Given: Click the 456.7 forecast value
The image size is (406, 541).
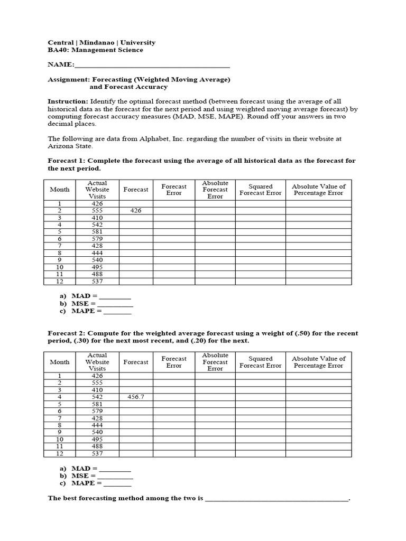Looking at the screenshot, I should point(136,397).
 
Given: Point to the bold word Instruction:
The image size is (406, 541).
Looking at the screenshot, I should point(68,101).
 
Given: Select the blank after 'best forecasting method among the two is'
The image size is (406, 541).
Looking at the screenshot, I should point(276,498).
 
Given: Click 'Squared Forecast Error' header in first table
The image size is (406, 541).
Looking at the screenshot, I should point(260,190).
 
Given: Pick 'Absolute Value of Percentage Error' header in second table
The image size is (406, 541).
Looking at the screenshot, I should point(318,362).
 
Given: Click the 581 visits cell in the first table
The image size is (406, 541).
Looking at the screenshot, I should point(97,231).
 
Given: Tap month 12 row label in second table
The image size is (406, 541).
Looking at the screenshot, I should point(60,453).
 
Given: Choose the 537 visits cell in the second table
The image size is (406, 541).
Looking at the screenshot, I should point(97,453).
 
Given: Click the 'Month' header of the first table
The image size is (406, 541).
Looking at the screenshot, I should point(60,190).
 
